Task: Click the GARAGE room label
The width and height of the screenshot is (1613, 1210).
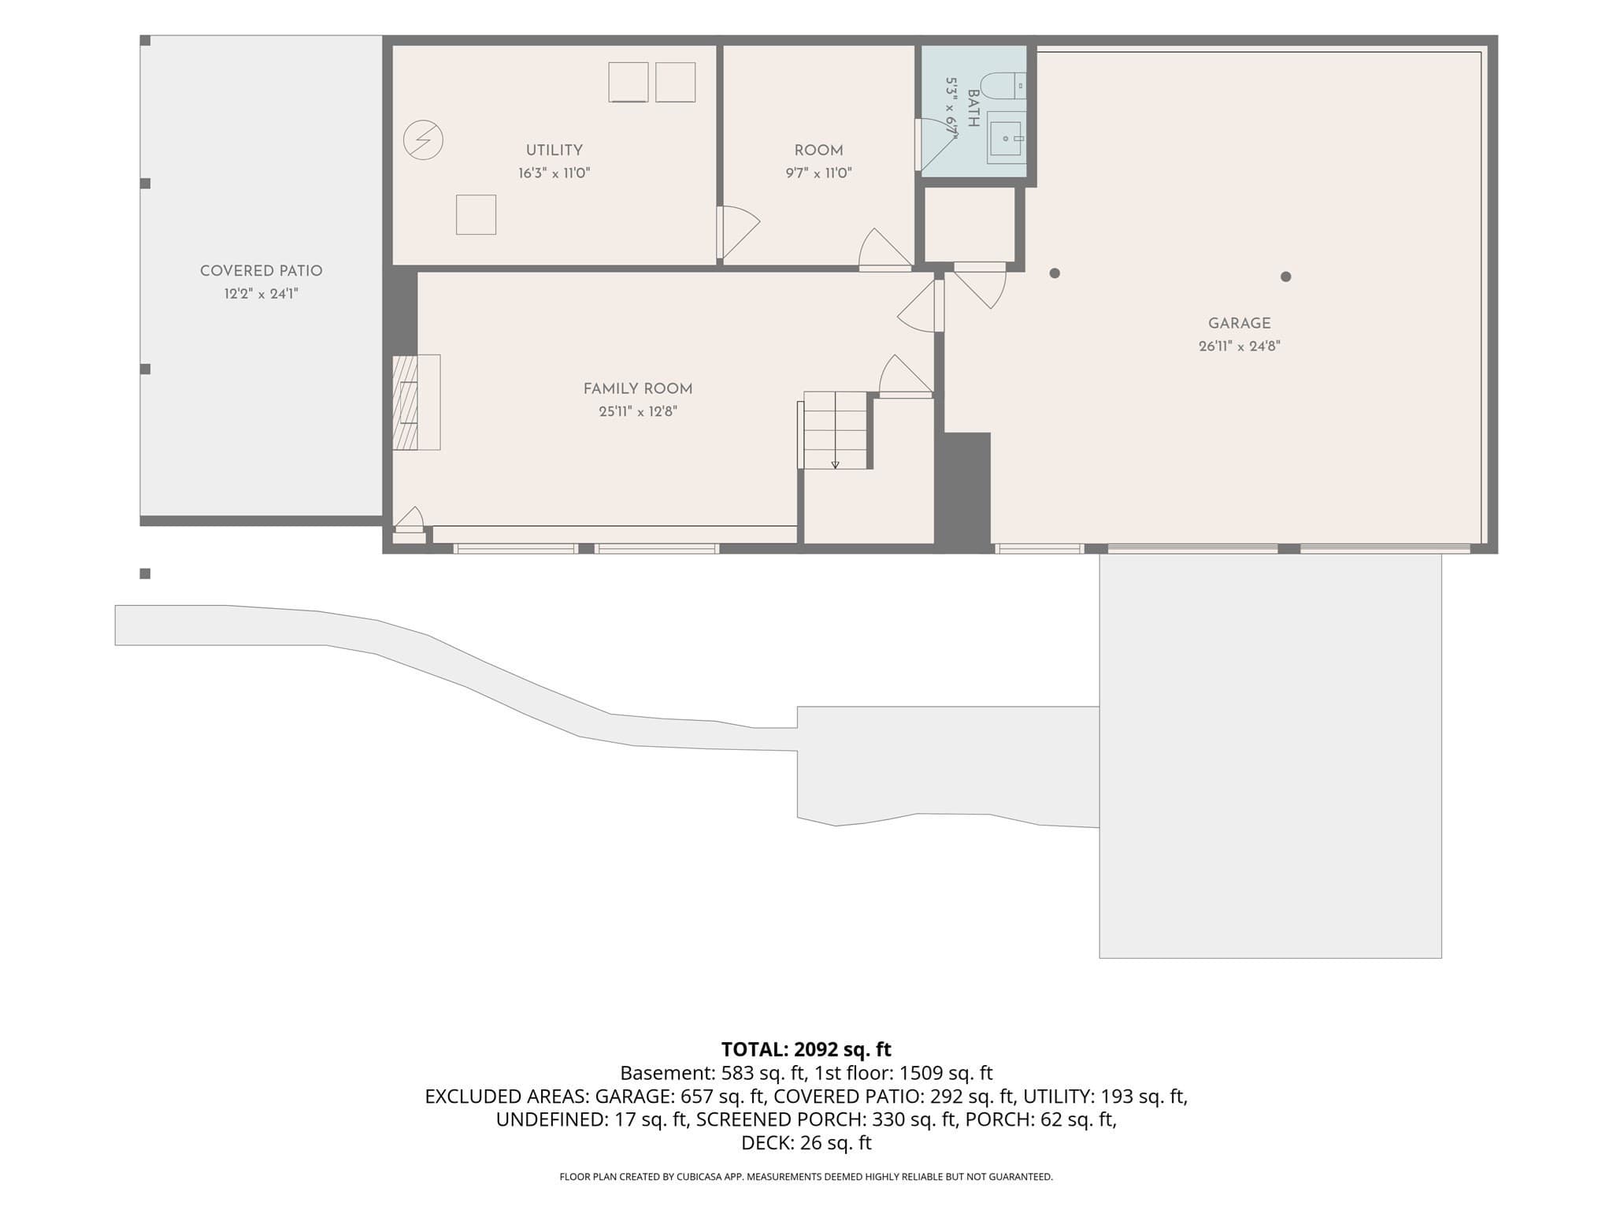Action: pos(1239,324)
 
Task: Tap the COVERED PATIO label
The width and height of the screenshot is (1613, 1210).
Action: pos(261,271)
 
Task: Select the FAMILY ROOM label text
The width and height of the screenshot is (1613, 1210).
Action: pos(638,389)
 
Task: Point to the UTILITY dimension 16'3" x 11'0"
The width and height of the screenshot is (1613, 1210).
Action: pos(554,173)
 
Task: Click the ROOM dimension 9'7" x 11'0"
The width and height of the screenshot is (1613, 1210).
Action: pos(818,173)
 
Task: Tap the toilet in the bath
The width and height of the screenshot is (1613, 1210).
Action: pos(1003,85)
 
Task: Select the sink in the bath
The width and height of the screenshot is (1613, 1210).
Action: pos(1007,138)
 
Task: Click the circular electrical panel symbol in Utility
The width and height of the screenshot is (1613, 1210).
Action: pos(423,140)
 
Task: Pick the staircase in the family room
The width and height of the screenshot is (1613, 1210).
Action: pos(835,430)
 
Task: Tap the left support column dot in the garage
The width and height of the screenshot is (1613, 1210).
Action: pos(1055,273)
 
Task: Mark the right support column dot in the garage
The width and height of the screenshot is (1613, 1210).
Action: pos(1285,277)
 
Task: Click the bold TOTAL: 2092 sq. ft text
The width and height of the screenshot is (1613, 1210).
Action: pos(806,1049)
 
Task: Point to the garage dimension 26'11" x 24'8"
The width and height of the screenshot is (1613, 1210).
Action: pos(1239,347)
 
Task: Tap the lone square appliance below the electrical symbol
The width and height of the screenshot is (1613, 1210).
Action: pos(476,214)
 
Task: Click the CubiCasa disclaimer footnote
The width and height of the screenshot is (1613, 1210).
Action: pos(806,1177)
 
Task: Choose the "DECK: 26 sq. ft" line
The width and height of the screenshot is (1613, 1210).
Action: pos(806,1143)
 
